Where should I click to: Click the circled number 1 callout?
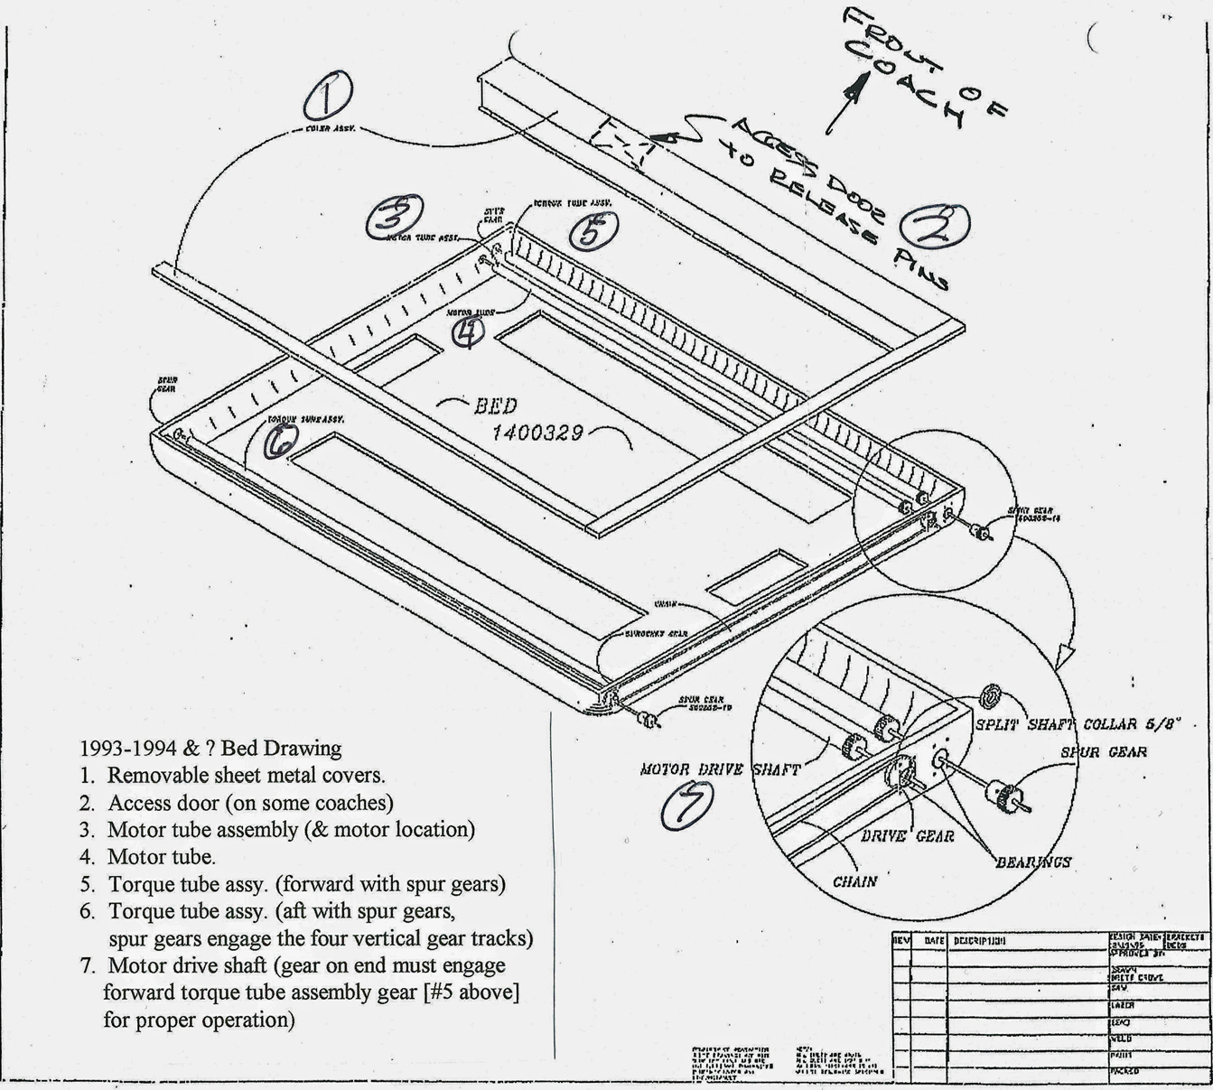(x=327, y=97)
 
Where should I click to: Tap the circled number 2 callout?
(x=938, y=225)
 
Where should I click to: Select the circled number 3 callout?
(x=395, y=217)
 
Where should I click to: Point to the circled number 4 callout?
(x=467, y=333)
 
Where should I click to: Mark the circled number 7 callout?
(x=686, y=805)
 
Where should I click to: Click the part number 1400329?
(x=537, y=433)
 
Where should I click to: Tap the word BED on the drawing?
(x=496, y=405)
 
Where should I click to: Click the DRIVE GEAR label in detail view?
(x=907, y=836)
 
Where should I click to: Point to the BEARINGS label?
(x=1033, y=862)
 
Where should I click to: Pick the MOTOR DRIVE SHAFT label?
(x=720, y=770)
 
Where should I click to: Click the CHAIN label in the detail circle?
(x=854, y=881)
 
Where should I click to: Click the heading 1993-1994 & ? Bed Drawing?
(x=210, y=749)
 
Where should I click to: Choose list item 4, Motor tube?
(x=161, y=856)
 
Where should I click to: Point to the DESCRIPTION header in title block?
(x=979, y=941)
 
